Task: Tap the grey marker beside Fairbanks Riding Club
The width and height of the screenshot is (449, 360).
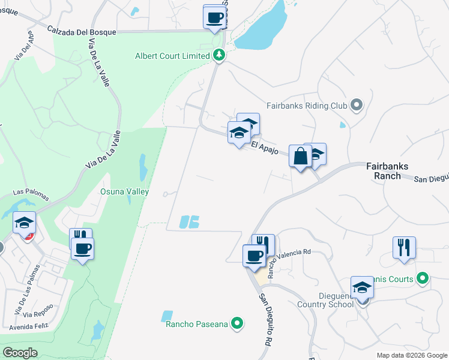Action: point(357,106)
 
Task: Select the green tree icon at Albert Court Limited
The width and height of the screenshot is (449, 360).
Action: point(219,56)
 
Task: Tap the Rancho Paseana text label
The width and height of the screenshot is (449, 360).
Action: point(197,324)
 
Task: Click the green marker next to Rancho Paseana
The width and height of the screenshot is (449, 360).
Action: point(238,324)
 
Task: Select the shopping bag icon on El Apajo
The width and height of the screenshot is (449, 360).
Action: point(299,156)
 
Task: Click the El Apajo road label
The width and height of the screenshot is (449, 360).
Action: point(264,147)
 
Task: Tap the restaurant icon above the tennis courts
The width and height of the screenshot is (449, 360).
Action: point(404,247)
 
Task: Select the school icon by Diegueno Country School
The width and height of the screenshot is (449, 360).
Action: point(362,287)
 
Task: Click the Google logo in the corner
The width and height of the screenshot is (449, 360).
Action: point(20,353)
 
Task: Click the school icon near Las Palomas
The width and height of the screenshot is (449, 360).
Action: point(25,223)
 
